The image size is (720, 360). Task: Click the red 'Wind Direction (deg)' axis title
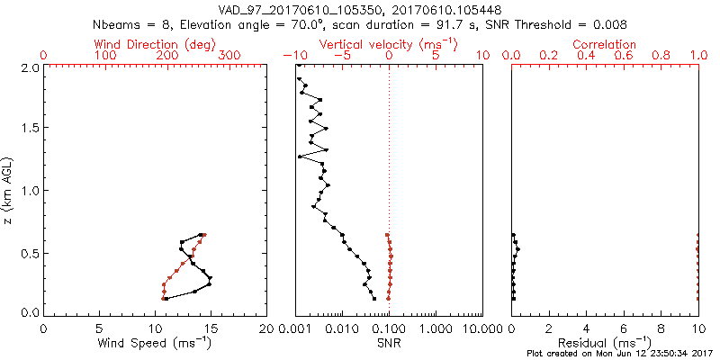pos(156,44)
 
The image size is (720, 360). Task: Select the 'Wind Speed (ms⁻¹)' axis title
pos(156,344)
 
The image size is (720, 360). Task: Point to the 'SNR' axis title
pos(389,344)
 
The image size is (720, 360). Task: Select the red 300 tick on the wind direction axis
pos(229,56)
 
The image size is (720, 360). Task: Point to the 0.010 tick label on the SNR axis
pos(342,330)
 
